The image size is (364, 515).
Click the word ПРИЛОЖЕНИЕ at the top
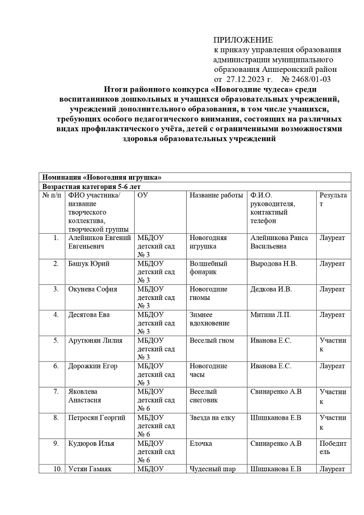pos(243,41)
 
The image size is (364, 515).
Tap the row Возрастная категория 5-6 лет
pos(92,186)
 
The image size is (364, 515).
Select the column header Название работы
pos(216,195)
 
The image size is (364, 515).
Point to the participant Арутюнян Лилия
pos(95,341)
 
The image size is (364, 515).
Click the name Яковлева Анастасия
pos(85,396)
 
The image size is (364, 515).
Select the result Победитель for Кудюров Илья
pos(332,447)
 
